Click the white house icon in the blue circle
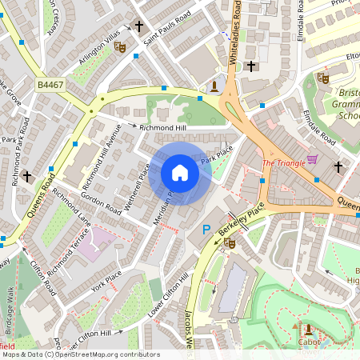(180, 173)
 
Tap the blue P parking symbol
(206, 230)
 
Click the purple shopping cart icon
(312, 159)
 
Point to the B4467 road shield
(50, 83)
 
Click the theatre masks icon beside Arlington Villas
(121, 47)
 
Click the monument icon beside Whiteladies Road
(214, 86)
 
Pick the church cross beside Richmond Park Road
(27, 175)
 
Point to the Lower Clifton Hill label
(169, 296)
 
